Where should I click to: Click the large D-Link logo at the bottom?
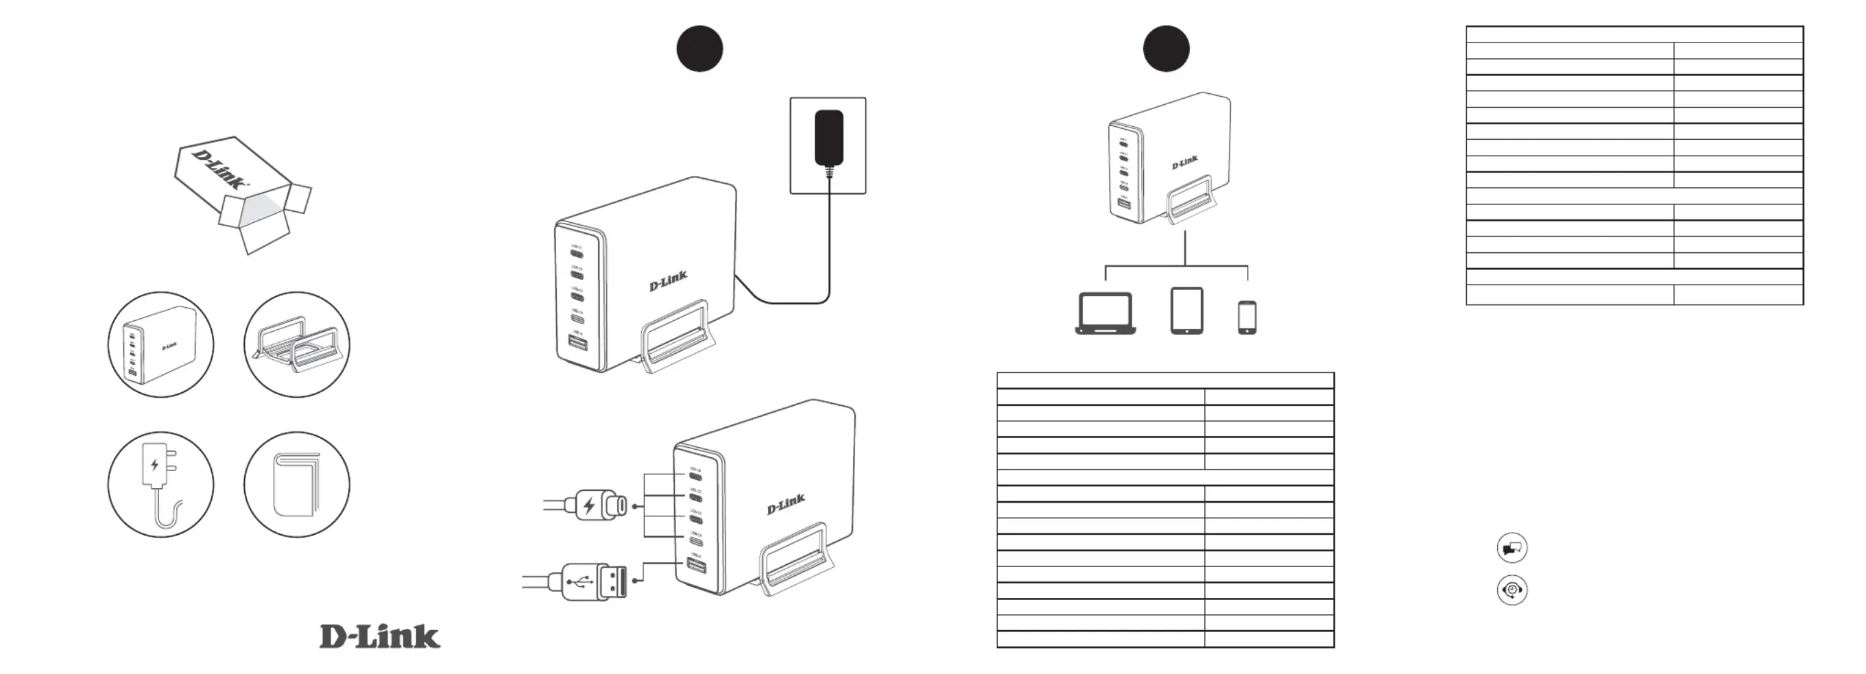(x=379, y=636)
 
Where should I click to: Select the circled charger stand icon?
(x=297, y=345)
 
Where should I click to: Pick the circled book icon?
(x=297, y=485)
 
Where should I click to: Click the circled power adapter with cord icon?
(x=160, y=485)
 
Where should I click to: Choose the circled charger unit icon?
(x=160, y=345)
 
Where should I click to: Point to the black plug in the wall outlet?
(x=828, y=139)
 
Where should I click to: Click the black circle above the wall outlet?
(x=699, y=49)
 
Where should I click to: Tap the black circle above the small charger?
(x=1167, y=49)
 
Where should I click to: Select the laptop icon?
(x=1105, y=313)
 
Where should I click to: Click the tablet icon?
(x=1186, y=311)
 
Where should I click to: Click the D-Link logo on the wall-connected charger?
(x=668, y=281)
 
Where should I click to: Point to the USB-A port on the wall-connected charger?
(x=577, y=342)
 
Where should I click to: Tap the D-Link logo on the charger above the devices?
(x=1185, y=163)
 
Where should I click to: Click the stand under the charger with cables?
(x=794, y=561)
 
